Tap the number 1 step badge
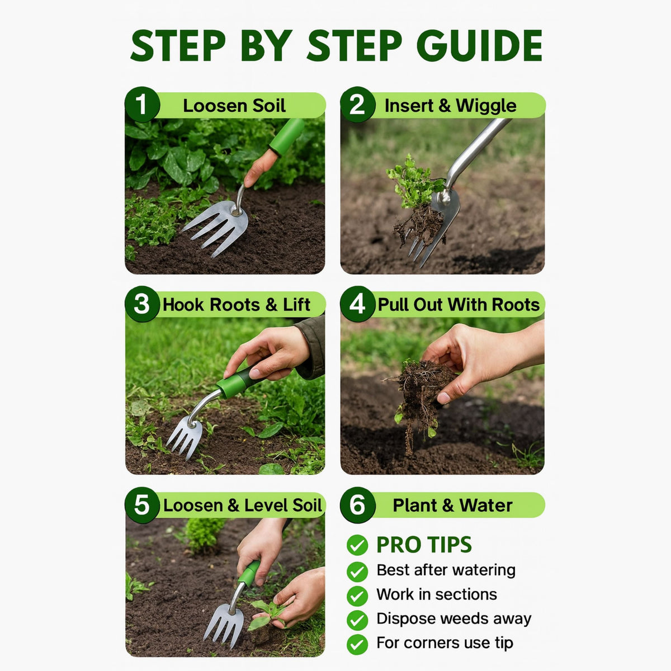(x=142, y=105)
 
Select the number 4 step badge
(x=357, y=304)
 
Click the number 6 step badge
(x=357, y=505)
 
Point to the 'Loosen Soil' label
(x=234, y=106)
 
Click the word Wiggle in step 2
(x=485, y=106)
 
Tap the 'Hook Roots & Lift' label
(x=236, y=305)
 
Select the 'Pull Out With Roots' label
(x=459, y=305)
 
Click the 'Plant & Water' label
(x=452, y=505)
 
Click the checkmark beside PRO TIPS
(x=357, y=545)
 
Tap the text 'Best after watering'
(x=446, y=570)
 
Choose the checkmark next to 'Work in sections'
(x=357, y=596)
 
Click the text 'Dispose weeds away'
(x=453, y=618)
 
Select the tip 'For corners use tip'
(x=445, y=643)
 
